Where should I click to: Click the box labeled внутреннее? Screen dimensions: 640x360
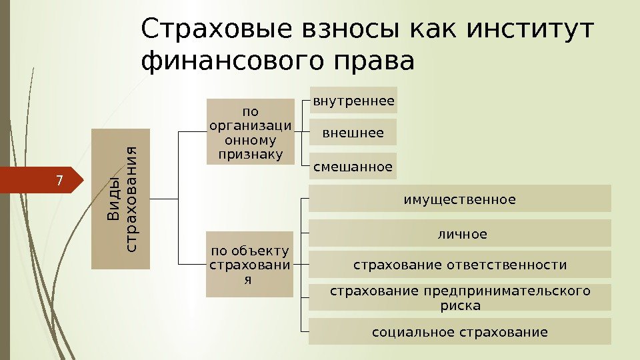coord(354,101)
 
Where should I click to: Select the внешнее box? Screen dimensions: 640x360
coord(354,133)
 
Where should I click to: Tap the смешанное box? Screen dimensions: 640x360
coord(354,166)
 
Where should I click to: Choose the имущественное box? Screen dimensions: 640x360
coord(460,199)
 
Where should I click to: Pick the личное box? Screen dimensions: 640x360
coord(460,233)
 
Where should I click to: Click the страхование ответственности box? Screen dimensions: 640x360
coord(460,265)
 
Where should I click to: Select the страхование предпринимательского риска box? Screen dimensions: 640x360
coord(460,298)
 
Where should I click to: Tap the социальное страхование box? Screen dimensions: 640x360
coord(460,331)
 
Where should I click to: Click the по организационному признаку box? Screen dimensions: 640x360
coord(250,131)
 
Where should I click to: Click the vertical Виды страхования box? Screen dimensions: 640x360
coord(121,199)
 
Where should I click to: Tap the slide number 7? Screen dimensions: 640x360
coord(59,181)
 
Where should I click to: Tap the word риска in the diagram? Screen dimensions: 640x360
coord(460,305)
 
